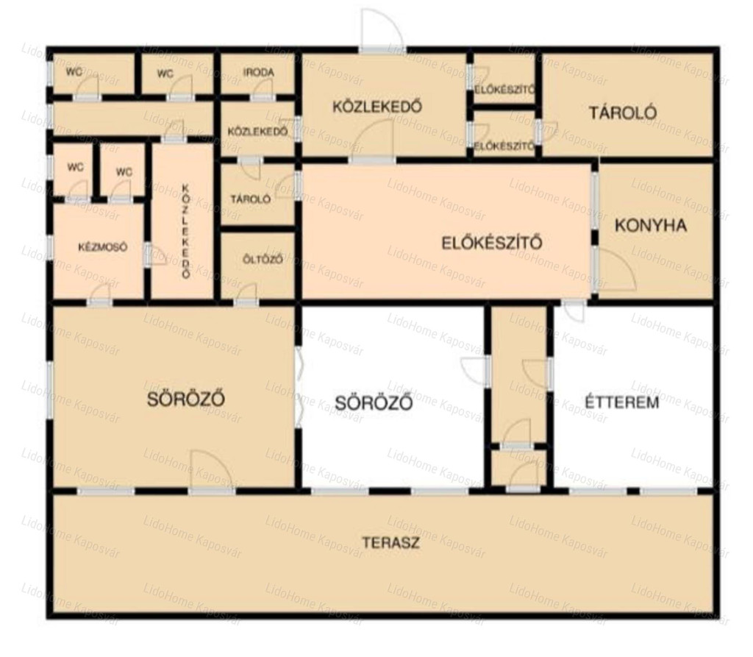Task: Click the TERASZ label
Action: pyautogui.click(x=390, y=543)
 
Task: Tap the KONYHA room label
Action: pyautogui.click(x=651, y=225)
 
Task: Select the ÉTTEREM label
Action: pyautogui.click(x=622, y=402)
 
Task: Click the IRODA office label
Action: pyautogui.click(x=258, y=72)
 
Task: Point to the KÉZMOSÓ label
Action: pyautogui.click(x=103, y=247)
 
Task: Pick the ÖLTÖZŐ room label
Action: pyautogui.click(x=263, y=260)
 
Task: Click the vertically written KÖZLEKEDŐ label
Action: pyautogui.click(x=186, y=231)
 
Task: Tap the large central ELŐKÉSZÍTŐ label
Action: pyautogui.click(x=492, y=243)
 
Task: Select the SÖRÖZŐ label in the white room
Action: pyautogui.click(x=373, y=402)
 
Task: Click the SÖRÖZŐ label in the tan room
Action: pyautogui.click(x=186, y=399)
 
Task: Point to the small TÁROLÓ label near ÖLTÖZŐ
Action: pyautogui.click(x=250, y=199)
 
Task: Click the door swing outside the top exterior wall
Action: pyautogui.click(x=382, y=28)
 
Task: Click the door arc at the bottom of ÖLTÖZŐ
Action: pyautogui.click(x=248, y=292)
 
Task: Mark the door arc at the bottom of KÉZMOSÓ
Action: pyautogui.click(x=101, y=292)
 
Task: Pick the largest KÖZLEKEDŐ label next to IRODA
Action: pyautogui.click(x=377, y=106)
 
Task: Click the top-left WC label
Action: pyautogui.click(x=74, y=72)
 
